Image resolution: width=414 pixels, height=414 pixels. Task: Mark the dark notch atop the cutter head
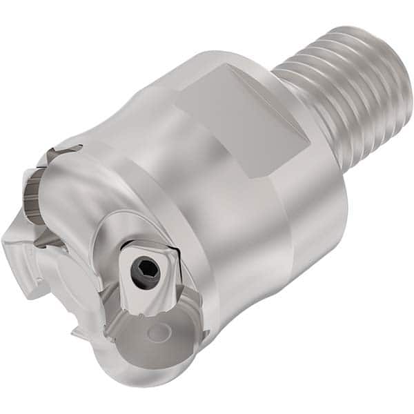point(69,149)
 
